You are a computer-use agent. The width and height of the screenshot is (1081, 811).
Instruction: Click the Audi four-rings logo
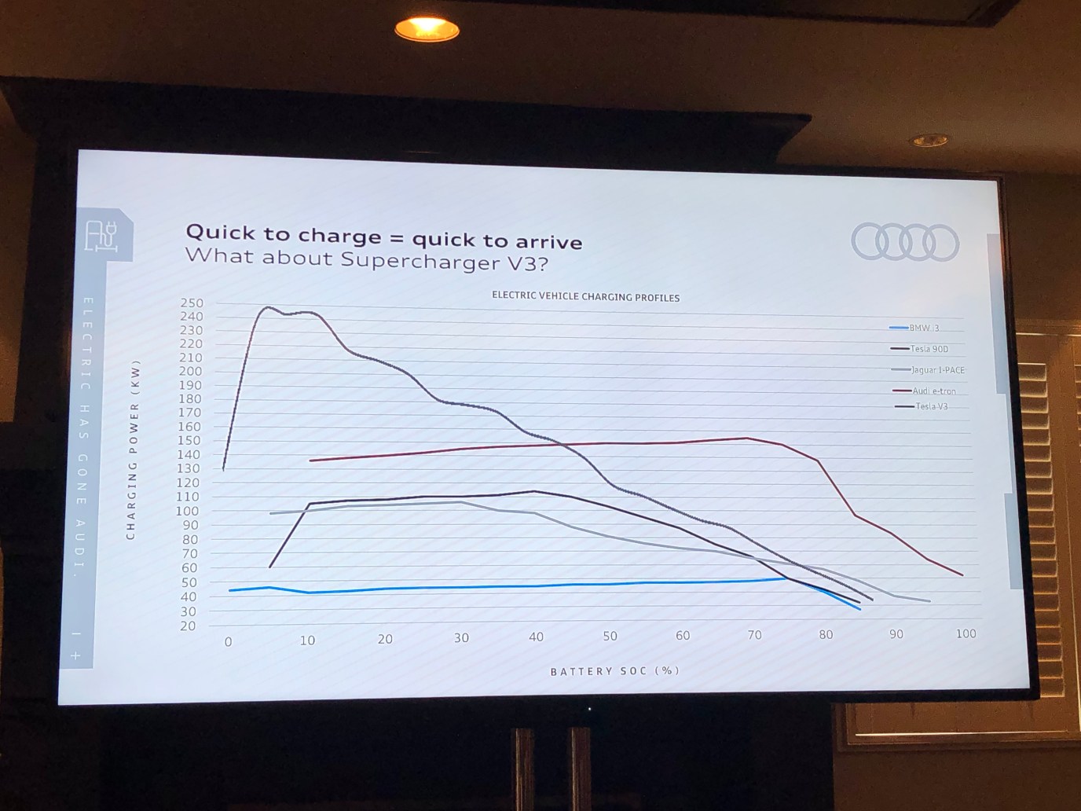(x=905, y=241)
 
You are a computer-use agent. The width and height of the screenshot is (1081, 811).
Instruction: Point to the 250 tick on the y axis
(x=191, y=303)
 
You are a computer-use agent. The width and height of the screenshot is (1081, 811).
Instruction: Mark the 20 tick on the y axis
(x=188, y=626)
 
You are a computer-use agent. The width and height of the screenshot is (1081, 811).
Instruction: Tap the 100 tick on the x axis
(x=966, y=633)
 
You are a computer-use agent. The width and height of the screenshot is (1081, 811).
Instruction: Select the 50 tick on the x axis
(x=610, y=636)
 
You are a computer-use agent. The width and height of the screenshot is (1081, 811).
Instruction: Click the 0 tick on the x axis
(x=229, y=642)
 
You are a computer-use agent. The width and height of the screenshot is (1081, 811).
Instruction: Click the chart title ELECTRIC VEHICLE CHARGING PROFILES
(x=585, y=297)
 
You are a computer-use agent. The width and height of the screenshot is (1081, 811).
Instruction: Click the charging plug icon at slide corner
(x=101, y=235)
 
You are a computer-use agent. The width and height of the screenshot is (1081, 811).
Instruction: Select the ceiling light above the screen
(x=427, y=30)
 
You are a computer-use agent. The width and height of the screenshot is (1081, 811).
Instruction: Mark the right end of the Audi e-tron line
(x=962, y=574)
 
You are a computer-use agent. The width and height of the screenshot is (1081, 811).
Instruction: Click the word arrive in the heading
(x=539, y=241)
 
